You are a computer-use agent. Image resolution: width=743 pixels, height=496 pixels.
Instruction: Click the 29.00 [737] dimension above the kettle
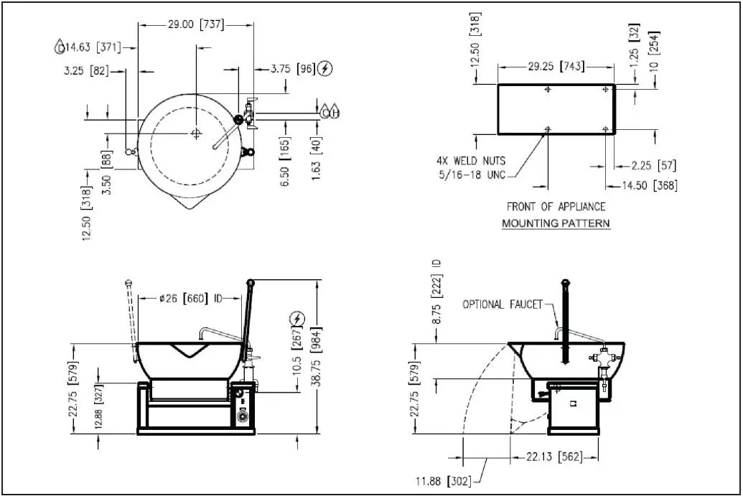pyautogui.click(x=195, y=24)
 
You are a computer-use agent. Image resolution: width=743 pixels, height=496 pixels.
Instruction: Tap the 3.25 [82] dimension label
pyautogui.click(x=85, y=70)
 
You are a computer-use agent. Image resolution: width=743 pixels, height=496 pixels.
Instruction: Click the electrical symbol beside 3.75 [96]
pyautogui.click(x=327, y=69)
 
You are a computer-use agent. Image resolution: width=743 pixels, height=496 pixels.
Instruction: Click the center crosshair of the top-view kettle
pyautogui.click(x=196, y=134)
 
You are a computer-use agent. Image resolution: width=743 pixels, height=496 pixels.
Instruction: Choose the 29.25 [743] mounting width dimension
pyautogui.click(x=556, y=67)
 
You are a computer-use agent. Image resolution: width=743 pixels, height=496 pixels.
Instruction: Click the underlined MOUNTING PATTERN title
pyautogui.click(x=556, y=223)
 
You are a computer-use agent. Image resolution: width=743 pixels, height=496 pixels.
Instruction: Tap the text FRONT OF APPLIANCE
pyautogui.click(x=556, y=207)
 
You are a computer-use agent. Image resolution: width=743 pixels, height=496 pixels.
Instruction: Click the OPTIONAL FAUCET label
pyautogui.click(x=502, y=304)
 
